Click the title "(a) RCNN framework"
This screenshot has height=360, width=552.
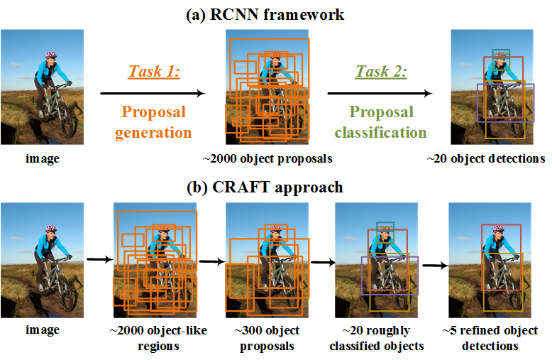pyautogui.click(x=265, y=14)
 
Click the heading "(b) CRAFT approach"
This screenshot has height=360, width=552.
pyautogui.click(x=265, y=187)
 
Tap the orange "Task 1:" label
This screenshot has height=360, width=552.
pyautogui.click(x=154, y=71)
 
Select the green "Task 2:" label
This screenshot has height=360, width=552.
pyautogui.click(x=381, y=71)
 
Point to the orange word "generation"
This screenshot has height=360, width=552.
pyautogui.click(x=153, y=133)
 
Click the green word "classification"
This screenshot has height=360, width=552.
pyautogui.click(x=380, y=133)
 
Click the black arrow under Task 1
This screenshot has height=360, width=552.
pyautogui.click(x=153, y=93)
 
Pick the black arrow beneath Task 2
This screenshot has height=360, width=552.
pyautogui.click(x=380, y=93)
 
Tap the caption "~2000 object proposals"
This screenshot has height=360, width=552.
pyautogui.click(x=267, y=159)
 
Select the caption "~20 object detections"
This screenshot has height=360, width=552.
pyautogui.click(x=486, y=159)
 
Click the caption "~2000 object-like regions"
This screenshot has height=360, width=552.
pyautogui.click(x=158, y=338)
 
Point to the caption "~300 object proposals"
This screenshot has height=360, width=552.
pyautogui.click(x=267, y=338)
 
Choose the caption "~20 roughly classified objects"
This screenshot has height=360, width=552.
pyautogui.click(x=377, y=338)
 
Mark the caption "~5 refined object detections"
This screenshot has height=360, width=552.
pyautogui.click(x=490, y=338)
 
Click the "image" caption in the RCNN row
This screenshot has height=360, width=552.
pyautogui.click(x=43, y=159)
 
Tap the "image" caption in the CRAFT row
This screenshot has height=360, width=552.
pyautogui.click(x=43, y=330)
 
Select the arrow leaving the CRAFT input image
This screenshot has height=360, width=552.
pyautogui.click(x=100, y=260)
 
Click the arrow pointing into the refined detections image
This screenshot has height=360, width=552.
pyautogui.click(x=436, y=266)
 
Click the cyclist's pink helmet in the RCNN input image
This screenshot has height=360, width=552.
pyautogui.click(x=50, y=55)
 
